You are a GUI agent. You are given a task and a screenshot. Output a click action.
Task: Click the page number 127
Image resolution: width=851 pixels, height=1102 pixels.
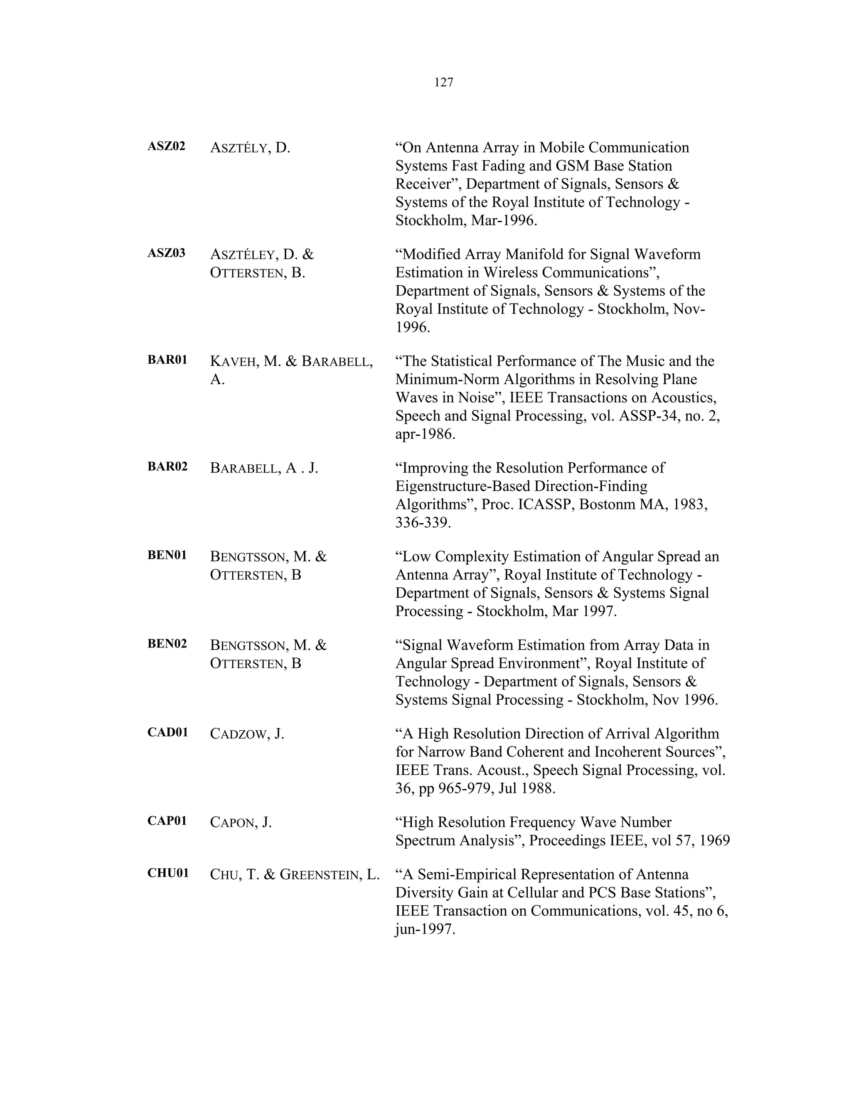pyautogui.click(x=444, y=82)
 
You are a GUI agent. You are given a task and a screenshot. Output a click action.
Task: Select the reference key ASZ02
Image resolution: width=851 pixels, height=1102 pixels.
pyautogui.click(x=166, y=146)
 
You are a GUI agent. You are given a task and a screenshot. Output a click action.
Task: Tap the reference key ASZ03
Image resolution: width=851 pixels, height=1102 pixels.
pyautogui.click(x=166, y=253)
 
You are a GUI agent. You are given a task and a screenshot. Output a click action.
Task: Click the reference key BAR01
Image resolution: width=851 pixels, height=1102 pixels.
pyautogui.click(x=167, y=360)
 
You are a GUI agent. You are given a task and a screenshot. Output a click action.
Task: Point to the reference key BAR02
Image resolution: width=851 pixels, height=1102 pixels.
pyautogui.click(x=167, y=467)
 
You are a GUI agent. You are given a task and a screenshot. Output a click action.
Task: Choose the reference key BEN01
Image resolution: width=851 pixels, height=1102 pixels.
pyautogui.click(x=167, y=556)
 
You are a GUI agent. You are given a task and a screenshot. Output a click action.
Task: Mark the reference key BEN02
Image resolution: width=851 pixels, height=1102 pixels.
pyautogui.click(x=167, y=644)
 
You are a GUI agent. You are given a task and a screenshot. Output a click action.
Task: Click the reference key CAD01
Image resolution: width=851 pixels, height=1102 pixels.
pyautogui.click(x=168, y=733)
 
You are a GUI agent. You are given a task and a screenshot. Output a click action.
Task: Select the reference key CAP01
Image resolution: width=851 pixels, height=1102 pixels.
pyautogui.click(x=167, y=821)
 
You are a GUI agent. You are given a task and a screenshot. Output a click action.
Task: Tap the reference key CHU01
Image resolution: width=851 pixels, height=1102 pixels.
pyautogui.click(x=168, y=873)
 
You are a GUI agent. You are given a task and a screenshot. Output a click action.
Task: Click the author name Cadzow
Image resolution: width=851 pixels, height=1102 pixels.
pyautogui.click(x=239, y=734)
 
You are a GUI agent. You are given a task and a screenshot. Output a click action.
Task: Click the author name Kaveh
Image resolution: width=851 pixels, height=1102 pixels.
pyautogui.click(x=233, y=362)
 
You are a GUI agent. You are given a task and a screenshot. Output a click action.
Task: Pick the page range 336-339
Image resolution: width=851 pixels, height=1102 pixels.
pyautogui.click(x=422, y=523)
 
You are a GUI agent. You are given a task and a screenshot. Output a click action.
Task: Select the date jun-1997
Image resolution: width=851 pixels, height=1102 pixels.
pyautogui.click(x=425, y=929)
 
